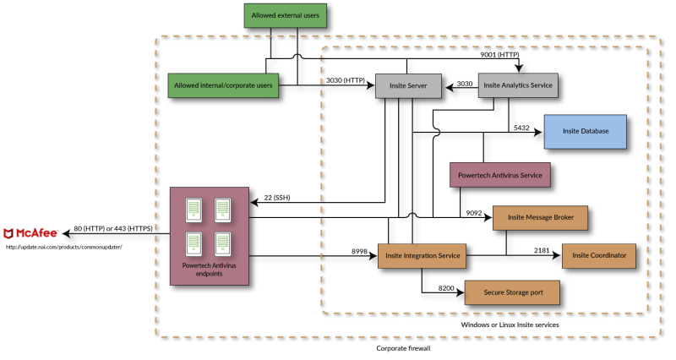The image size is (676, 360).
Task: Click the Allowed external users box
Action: pos(285,15)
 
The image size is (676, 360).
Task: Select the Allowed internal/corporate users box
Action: pos(223,85)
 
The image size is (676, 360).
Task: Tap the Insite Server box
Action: pos(408,86)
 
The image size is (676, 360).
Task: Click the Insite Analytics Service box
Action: pos(518,85)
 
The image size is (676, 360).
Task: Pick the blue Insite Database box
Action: pos(585,132)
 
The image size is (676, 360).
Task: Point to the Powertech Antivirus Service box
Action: pos(499,175)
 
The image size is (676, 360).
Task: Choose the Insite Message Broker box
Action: pos(540,218)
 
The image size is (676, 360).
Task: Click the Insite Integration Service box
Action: pos(422,256)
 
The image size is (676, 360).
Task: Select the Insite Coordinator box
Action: pos(599,256)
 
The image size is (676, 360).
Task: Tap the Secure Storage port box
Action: pos(513,292)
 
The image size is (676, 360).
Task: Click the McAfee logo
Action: pos(30,233)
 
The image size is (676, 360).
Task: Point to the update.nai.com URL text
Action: pos(64,247)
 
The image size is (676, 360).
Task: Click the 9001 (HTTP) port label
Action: pos(499,55)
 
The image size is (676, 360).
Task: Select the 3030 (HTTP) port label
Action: pos(346,80)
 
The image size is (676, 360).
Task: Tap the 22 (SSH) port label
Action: pos(277,198)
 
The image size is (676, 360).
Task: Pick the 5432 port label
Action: pos(521,128)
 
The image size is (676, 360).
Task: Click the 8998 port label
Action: pos(359,251)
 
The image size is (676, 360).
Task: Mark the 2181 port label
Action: pos(542,250)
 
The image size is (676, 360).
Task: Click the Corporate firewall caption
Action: pos(403,348)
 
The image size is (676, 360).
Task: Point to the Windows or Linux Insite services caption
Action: pos(510,325)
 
